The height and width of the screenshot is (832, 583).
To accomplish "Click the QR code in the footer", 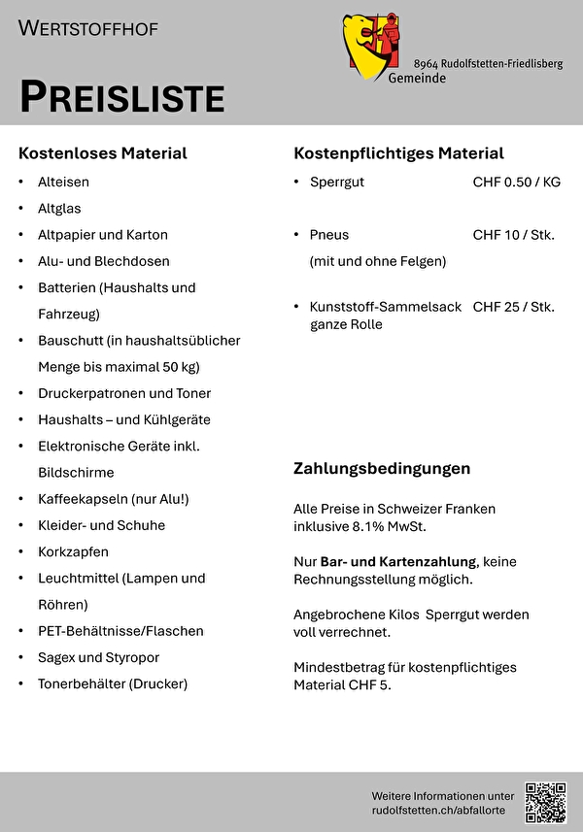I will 545,801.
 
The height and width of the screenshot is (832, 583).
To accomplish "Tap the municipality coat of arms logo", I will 370,47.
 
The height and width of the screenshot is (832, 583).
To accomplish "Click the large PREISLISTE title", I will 121,97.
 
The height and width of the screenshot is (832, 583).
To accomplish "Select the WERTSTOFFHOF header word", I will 87,28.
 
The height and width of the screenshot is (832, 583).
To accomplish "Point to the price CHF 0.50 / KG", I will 516,182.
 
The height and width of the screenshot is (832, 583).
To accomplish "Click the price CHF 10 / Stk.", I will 513,234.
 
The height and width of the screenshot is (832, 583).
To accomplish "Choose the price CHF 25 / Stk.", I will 513,307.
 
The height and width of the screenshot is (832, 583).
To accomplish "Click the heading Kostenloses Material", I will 102,153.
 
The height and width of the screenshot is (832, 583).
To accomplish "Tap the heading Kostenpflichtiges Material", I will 398,153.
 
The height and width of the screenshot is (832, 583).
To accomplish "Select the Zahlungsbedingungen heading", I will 382,468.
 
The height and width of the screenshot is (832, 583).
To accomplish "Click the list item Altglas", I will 59,208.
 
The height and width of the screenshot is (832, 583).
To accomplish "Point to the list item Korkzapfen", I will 73,551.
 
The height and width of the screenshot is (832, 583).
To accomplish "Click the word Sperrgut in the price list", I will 337,182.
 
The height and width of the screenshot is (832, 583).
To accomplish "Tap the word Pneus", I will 329,234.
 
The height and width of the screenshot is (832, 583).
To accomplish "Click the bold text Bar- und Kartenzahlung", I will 398,561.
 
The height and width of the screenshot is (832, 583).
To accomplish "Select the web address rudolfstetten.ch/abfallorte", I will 443,809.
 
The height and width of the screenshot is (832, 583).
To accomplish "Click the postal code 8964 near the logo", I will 426,63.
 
